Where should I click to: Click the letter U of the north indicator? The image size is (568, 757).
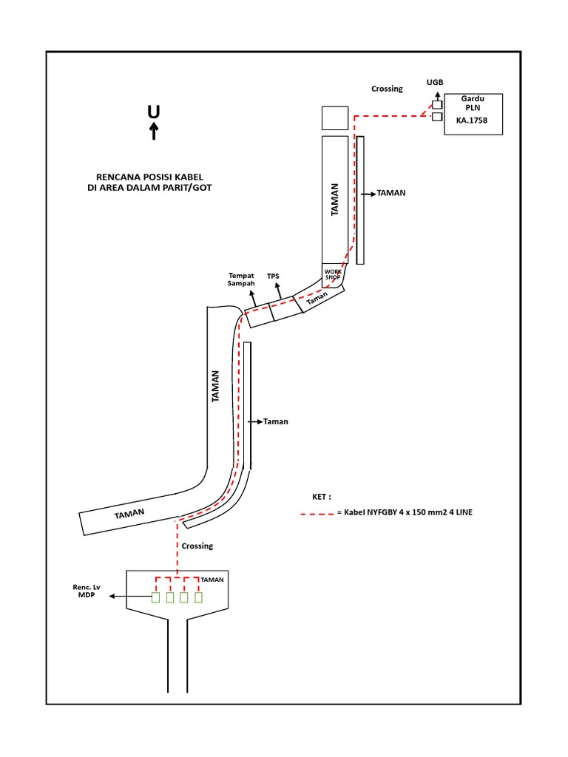tap(153, 112)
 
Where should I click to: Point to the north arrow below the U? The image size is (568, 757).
tap(154, 132)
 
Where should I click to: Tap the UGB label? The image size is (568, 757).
tap(435, 83)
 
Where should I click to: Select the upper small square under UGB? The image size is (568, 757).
tap(437, 104)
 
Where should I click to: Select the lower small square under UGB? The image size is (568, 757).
tap(437, 117)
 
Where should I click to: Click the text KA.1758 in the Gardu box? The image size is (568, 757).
tap(472, 120)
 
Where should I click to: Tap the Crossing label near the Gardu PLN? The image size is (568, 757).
tap(387, 89)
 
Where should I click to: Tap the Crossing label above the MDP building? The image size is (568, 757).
tap(197, 546)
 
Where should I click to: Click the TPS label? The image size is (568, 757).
tap(274, 276)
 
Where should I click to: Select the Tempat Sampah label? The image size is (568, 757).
tap(242, 279)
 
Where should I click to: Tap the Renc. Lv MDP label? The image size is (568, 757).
tap(86, 591)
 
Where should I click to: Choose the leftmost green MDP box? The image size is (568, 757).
tap(156, 597)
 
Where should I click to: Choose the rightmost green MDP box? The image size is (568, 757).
tap(198, 597)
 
